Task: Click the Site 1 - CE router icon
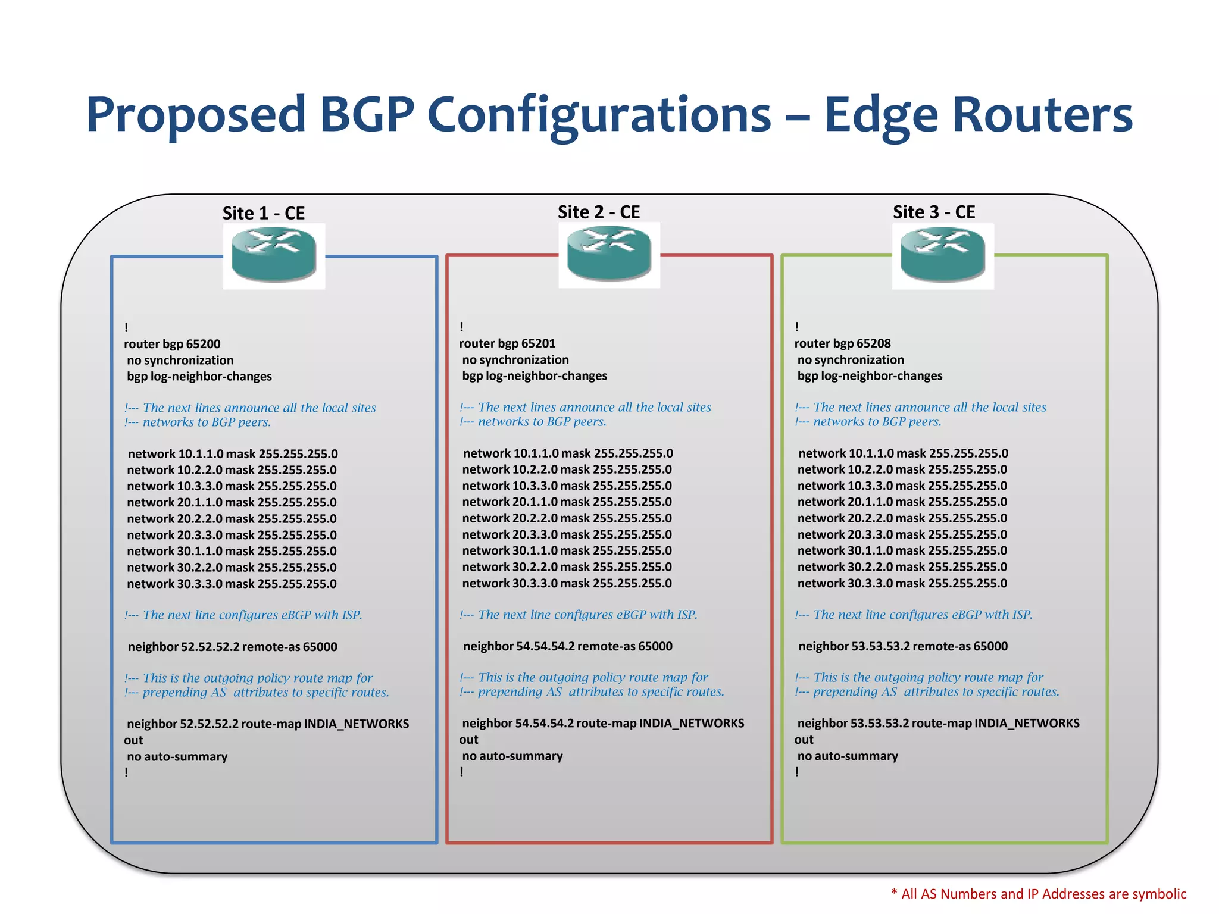(274, 256)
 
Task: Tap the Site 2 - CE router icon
(609, 255)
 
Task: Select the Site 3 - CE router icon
(943, 256)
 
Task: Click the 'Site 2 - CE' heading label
(598, 212)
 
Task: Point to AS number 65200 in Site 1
(203, 344)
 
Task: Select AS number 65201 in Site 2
(538, 343)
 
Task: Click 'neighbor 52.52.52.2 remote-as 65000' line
(232, 647)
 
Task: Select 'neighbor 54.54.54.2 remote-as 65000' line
(567, 646)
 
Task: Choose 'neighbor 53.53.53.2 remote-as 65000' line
(902, 646)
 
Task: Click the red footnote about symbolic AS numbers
(1038, 894)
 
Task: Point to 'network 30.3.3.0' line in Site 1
(232, 584)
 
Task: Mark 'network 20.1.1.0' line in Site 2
(567, 502)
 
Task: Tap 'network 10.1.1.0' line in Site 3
(903, 453)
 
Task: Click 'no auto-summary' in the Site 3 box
(848, 756)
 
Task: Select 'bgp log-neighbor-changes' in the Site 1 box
(199, 376)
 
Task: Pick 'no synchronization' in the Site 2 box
(515, 359)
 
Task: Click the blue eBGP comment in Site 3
(913, 615)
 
